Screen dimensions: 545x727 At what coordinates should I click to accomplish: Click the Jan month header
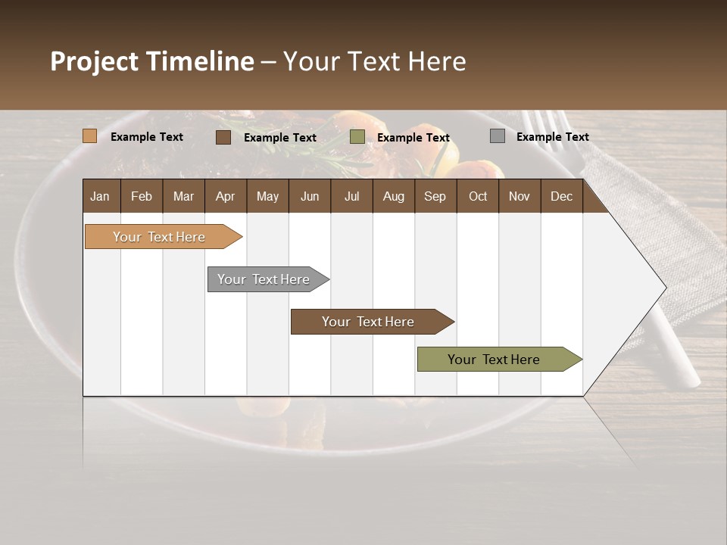pyautogui.click(x=101, y=196)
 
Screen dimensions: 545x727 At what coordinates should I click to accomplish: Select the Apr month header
pyautogui.click(x=226, y=196)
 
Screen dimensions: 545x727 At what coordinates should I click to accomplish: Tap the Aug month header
pyautogui.click(x=394, y=196)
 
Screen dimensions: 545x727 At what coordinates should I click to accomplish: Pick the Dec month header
pyautogui.click(x=561, y=196)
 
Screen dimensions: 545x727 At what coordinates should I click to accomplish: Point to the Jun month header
pyautogui.click(x=310, y=196)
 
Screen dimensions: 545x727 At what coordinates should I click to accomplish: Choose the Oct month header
pyautogui.click(x=478, y=196)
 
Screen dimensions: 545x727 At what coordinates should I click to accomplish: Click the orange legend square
pyautogui.click(x=90, y=136)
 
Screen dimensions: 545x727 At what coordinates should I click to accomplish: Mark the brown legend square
pyautogui.click(x=223, y=137)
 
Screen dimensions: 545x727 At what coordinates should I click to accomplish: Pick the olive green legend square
pyautogui.click(x=357, y=137)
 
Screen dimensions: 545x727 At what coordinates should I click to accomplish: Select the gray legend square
pyautogui.click(x=498, y=136)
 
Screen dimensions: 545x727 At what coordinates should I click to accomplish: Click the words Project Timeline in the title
pyautogui.click(x=152, y=61)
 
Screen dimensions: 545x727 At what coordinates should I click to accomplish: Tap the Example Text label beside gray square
pyautogui.click(x=552, y=137)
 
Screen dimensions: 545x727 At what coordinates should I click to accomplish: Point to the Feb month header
pyautogui.click(x=142, y=196)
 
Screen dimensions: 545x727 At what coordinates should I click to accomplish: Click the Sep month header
pyautogui.click(x=435, y=196)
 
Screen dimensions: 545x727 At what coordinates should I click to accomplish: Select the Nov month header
pyautogui.click(x=520, y=196)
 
